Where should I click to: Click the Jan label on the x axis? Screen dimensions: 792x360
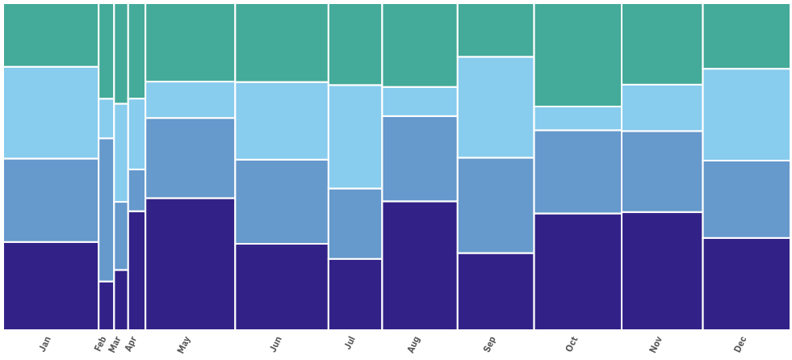click(45, 344)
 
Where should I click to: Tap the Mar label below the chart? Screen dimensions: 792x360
click(114, 344)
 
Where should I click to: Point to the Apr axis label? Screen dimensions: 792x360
click(130, 345)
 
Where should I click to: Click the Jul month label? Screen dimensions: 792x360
click(350, 343)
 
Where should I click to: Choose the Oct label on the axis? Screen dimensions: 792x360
click(572, 345)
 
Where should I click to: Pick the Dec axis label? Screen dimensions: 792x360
click(740, 345)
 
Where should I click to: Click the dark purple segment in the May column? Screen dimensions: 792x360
click(190, 264)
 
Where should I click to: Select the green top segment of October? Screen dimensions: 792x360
click(578, 55)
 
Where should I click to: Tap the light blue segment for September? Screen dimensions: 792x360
click(496, 107)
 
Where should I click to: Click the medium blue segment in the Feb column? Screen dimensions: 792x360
click(106, 210)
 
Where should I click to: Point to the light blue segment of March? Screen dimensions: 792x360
click(121, 153)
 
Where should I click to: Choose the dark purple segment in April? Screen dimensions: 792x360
click(136, 270)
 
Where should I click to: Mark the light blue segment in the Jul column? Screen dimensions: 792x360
click(355, 137)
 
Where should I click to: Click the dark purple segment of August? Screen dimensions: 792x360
click(420, 266)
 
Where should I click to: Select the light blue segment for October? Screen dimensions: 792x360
click(578, 118)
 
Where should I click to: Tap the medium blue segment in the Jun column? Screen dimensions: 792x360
click(282, 202)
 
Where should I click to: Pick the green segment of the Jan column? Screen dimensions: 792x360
click(51, 35)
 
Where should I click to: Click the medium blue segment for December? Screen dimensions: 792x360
click(747, 199)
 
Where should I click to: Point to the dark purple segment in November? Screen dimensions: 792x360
click(662, 271)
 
